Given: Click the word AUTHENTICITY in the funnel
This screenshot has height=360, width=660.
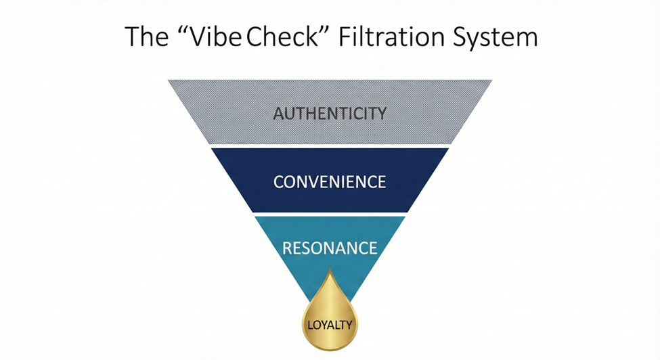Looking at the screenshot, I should [330, 112].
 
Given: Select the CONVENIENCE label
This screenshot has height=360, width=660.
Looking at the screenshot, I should [330, 182].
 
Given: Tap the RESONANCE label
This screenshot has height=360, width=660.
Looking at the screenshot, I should [330, 248].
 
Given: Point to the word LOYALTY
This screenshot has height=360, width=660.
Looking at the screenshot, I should [330, 325].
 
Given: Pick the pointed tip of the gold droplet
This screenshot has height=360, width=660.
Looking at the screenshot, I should [330, 270].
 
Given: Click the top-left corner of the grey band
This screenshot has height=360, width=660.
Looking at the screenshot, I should [170, 81].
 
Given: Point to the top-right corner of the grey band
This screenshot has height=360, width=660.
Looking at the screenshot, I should [491, 81].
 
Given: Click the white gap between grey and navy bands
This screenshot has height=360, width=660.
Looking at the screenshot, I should [330, 146].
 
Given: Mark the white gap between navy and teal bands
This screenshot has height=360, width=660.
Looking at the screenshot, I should [330, 214].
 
